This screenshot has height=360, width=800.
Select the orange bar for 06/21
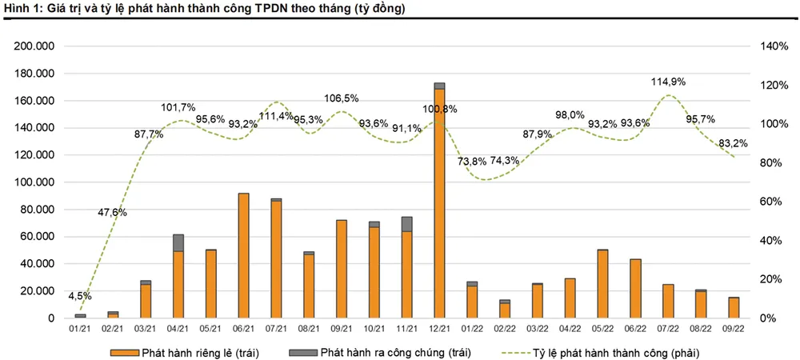click(x=243, y=256)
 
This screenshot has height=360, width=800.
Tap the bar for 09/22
click(x=733, y=308)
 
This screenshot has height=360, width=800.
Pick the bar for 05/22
click(x=602, y=284)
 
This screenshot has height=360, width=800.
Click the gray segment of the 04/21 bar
click(x=178, y=242)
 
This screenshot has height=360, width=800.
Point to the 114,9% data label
click(x=669, y=82)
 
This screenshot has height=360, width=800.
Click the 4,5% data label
click(x=80, y=296)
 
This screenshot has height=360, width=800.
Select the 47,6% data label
click(x=112, y=212)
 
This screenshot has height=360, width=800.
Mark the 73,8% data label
click(x=472, y=161)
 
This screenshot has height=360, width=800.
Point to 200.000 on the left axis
click(x=34, y=46)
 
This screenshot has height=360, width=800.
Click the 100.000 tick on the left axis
click(x=34, y=182)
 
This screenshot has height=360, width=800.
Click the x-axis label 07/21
click(x=276, y=328)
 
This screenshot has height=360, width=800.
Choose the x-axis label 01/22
click(x=472, y=328)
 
